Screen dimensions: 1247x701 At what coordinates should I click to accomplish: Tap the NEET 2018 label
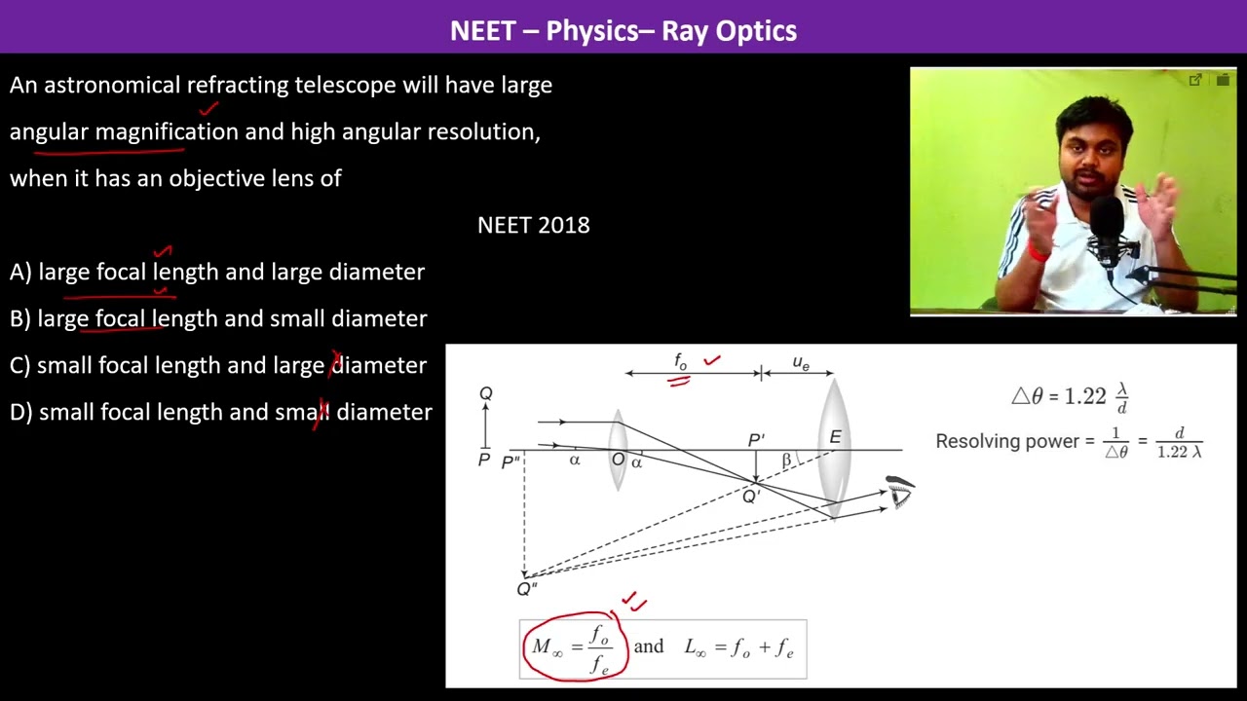[533, 225]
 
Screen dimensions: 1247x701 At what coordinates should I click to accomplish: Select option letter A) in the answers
[20, 272]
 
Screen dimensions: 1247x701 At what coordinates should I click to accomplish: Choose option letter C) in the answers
[20, 365]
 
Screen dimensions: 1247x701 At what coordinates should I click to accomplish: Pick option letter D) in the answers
[21, 412]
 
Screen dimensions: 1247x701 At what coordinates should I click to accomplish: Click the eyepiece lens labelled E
[833, 447]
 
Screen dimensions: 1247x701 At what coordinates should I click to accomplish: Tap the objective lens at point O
[618, 450]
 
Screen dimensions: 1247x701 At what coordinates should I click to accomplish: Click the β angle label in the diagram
[786, 460]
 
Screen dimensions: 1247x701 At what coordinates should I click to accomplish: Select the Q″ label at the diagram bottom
[527, 589]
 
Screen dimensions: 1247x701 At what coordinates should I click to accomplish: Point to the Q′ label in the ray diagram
[751, 496]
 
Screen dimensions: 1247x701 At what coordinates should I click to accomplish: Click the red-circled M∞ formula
[575, 647]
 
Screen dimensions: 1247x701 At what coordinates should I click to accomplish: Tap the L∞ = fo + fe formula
[738, 647]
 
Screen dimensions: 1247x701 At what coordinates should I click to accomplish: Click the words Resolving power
[1007, 441]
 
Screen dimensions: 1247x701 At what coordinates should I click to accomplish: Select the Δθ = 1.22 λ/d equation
[1070, 396]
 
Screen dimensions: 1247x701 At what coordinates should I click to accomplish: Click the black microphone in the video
[1107, 229]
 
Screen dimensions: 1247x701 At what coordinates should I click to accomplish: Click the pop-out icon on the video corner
[1194, 80]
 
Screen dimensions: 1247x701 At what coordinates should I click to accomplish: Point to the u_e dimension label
[801, 363]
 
